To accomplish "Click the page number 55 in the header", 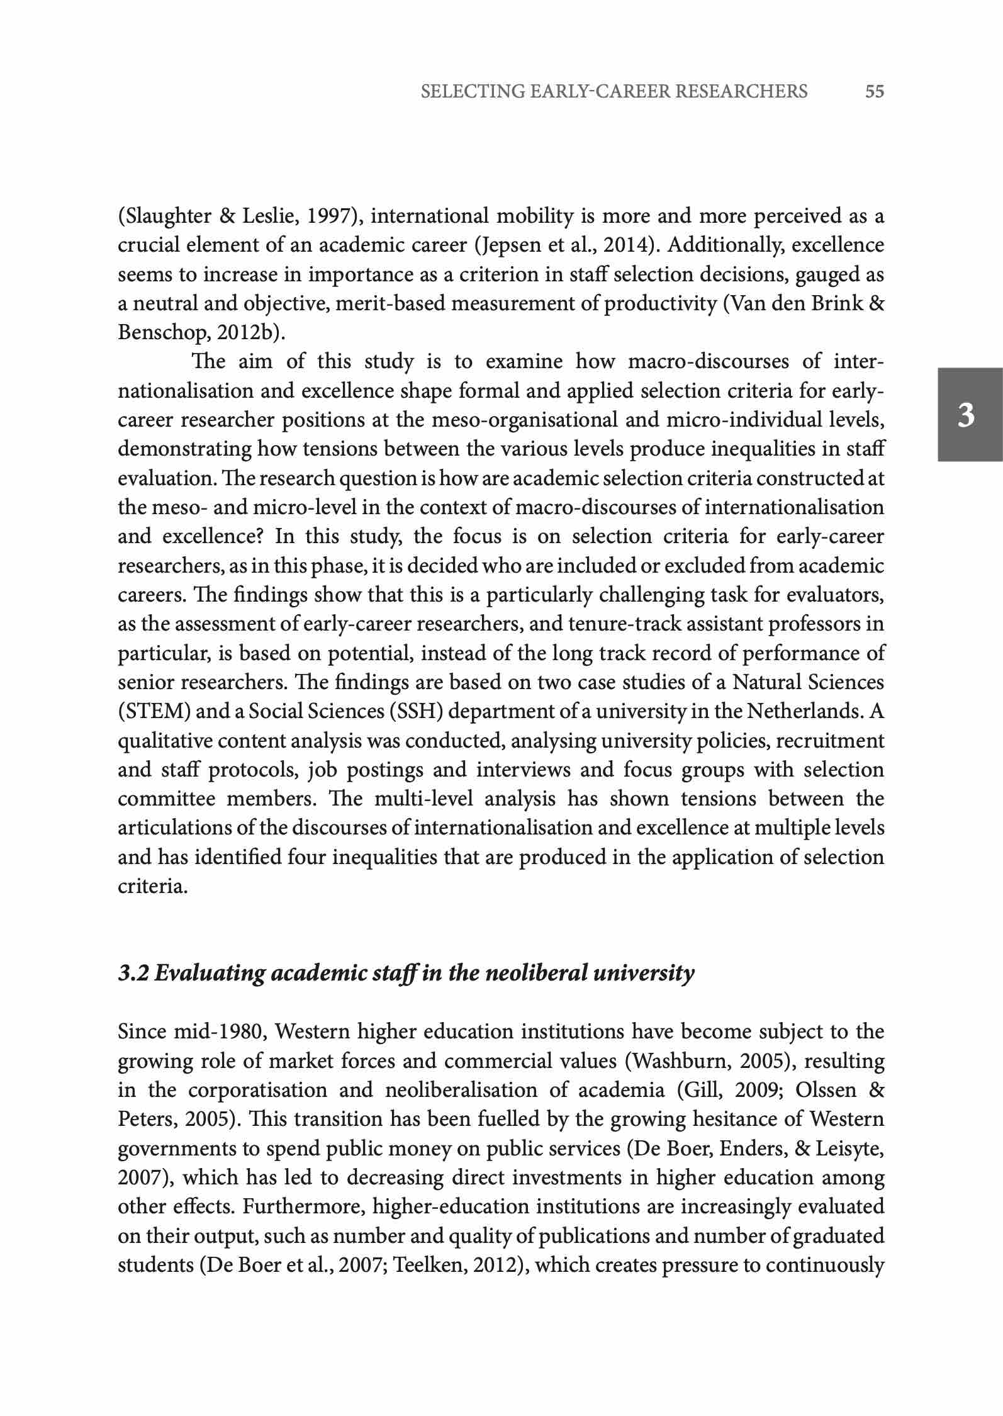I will (x=874, y=92).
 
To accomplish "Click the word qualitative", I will (x=165, y=741).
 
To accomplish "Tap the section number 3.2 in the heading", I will (x=133, y=973).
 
